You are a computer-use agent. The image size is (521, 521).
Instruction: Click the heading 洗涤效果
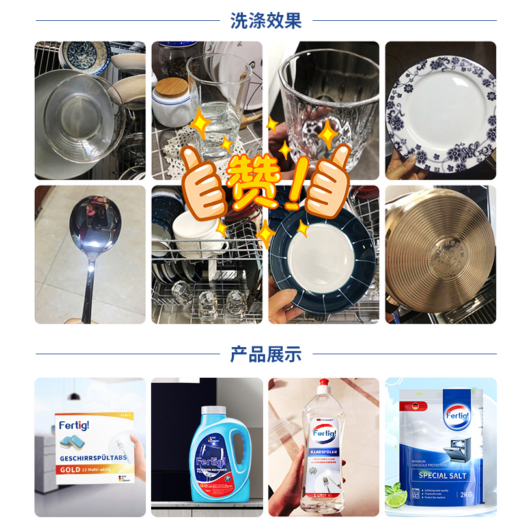[266, 20]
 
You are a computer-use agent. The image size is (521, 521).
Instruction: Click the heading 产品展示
[266, 354]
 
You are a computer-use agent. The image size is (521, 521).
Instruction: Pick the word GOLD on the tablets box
[71, 469]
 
